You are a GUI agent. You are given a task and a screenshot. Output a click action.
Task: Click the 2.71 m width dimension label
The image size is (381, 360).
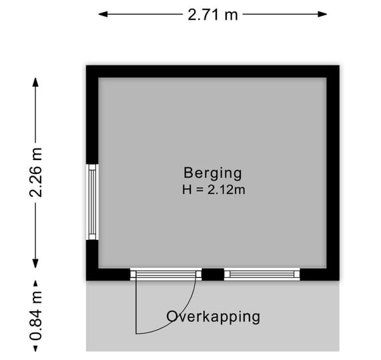point(213,15)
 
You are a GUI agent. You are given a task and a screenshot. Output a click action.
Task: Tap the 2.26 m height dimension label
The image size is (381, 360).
point(36,172)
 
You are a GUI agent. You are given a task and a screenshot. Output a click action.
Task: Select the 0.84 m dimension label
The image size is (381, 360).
point(36,316)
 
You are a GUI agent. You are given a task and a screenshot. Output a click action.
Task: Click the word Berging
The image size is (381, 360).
point(213,173)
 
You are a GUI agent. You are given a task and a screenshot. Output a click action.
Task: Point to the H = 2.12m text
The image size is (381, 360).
point(214,189)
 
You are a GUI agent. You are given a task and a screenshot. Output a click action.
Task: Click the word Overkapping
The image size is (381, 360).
point(213,317)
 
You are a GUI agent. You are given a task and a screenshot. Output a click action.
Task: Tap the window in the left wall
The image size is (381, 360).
point(92,202)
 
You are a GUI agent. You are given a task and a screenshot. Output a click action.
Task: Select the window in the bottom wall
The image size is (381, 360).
point(262,275)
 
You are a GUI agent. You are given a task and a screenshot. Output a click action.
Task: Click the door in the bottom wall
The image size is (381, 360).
point(166,275)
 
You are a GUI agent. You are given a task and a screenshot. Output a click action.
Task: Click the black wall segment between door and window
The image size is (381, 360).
point(213,275)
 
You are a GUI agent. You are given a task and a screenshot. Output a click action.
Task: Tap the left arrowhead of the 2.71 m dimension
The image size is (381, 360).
point(103,14)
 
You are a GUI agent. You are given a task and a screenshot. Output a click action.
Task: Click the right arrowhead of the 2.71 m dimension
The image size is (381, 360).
point(323,14)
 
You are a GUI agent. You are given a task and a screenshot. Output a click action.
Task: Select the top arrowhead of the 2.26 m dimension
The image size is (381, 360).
point(36,82)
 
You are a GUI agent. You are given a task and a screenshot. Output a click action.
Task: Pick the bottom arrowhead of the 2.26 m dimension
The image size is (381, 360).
point(36,263)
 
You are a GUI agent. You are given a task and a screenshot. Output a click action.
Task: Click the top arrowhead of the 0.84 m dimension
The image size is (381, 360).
point(36,283)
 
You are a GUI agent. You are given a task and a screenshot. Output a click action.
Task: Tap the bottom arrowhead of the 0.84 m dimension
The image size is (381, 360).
point(36,349)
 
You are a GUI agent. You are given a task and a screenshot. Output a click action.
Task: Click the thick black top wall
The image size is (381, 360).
point(213,71)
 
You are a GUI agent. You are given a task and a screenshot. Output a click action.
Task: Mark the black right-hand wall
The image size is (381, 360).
point(333,173)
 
